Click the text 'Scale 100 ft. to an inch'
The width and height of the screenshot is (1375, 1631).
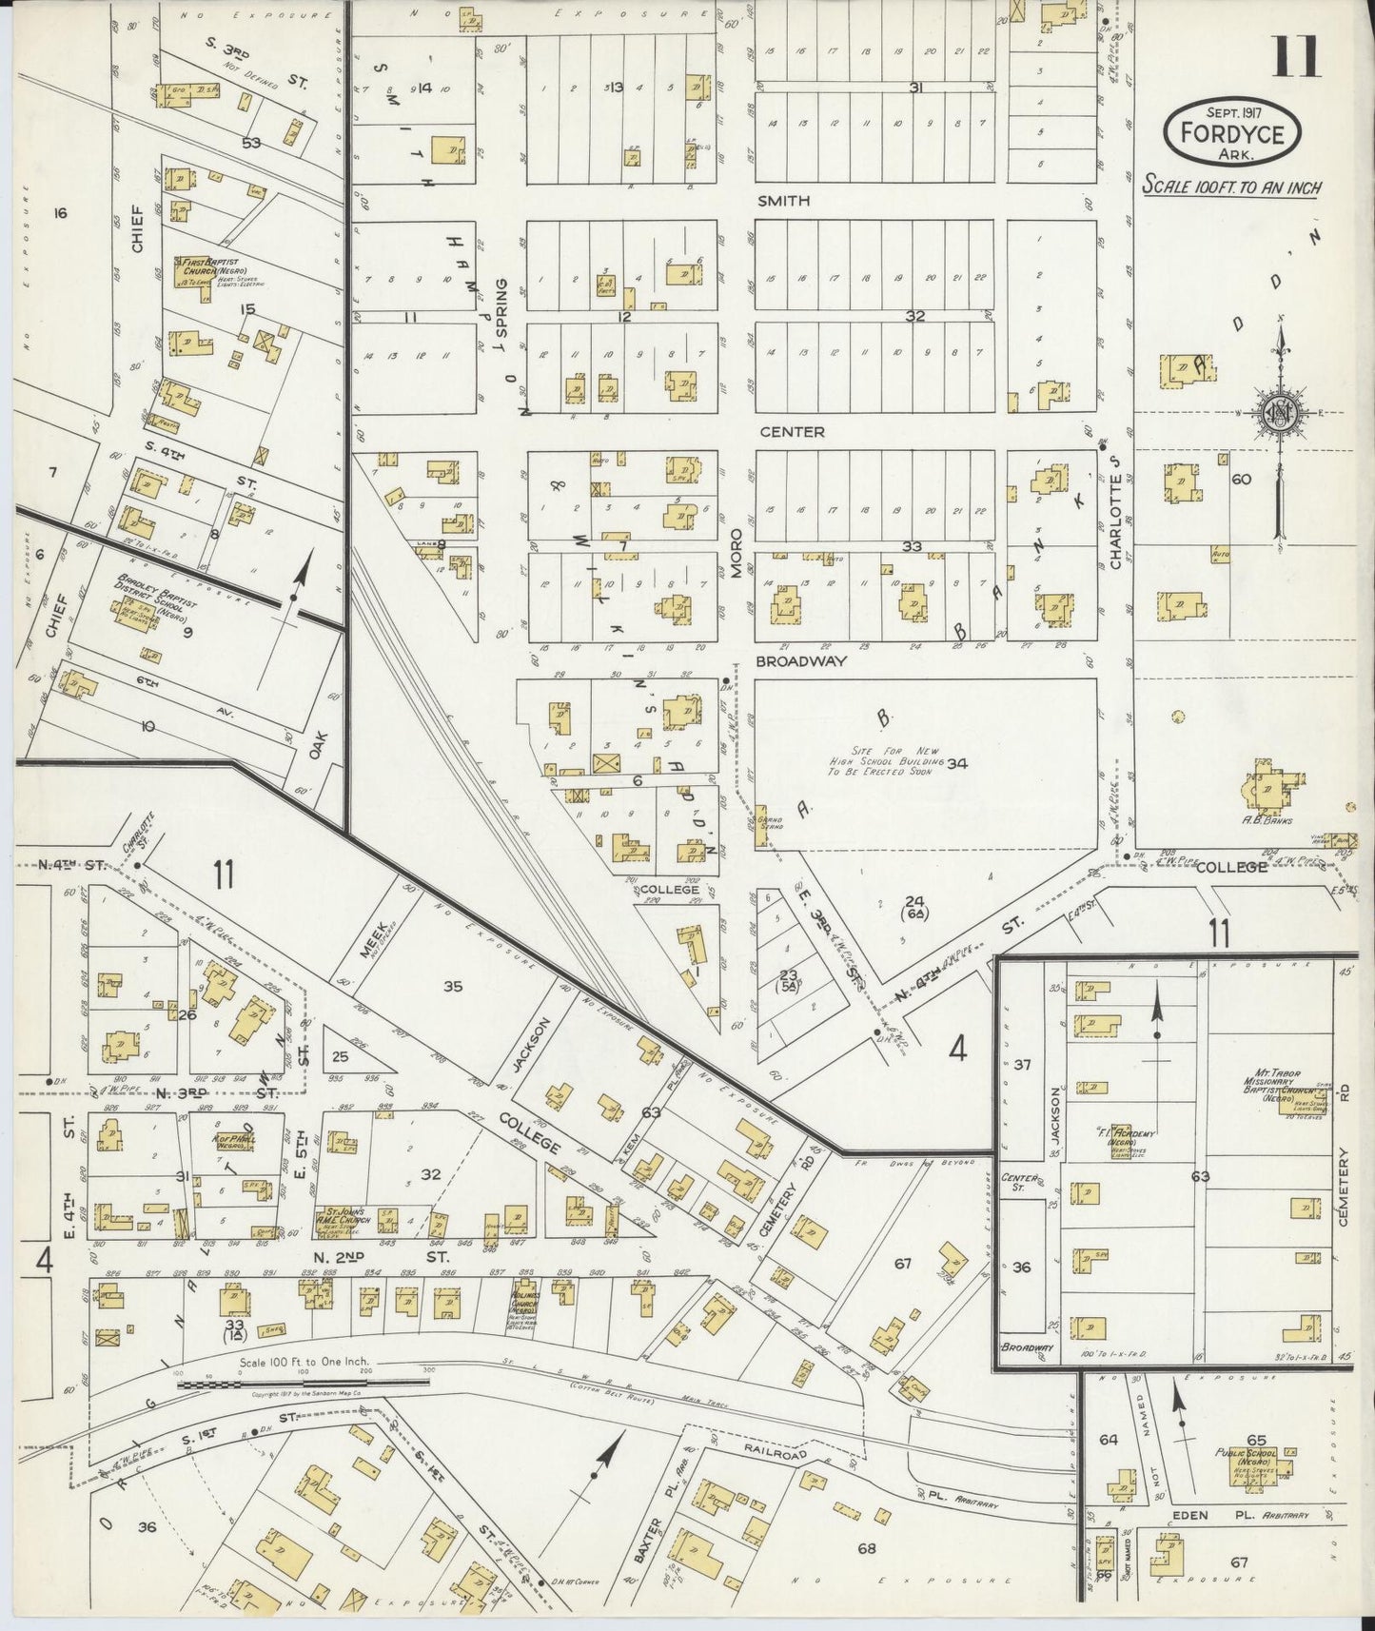1232,187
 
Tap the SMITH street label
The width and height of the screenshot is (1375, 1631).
785,201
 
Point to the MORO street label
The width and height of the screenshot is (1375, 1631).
736,555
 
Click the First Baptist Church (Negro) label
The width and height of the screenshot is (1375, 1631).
206,265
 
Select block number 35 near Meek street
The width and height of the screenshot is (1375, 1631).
453,987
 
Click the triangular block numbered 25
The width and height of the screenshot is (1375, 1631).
340,1056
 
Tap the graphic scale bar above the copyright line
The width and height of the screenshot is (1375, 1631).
304,1385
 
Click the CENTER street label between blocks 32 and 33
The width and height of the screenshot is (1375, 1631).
792,432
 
